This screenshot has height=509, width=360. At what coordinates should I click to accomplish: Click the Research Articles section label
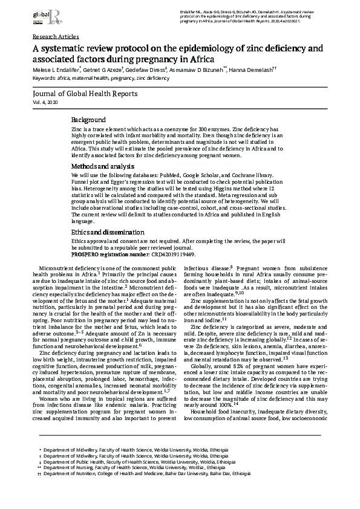55,37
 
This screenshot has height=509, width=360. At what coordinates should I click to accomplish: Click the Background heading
88,120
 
